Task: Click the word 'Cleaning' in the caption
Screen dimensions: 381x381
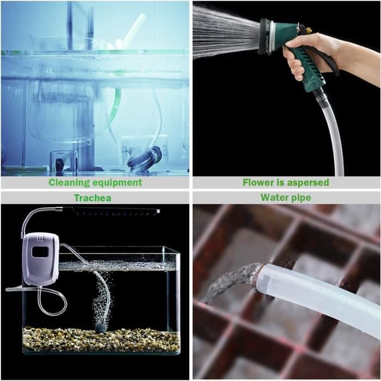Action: (x=70, y=182)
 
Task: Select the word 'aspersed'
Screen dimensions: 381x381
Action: (x=308, y=183)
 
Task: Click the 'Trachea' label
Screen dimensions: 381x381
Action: (x=93, y=198)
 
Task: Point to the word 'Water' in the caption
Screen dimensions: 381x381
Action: (x=274, y=197)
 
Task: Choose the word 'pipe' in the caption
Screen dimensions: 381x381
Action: (x=300, y=198)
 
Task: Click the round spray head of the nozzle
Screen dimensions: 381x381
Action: (x=265, y=37)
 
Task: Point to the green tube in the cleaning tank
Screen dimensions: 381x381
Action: (x=115, y=109)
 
